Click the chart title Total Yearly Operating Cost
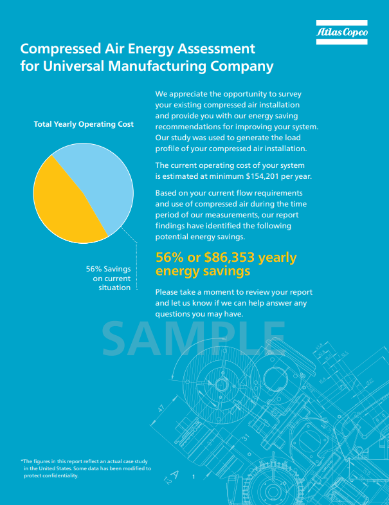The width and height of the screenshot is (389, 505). [84, 124]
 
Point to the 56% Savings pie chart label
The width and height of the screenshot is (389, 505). [108, 278]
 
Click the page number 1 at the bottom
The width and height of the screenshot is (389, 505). [193, 476]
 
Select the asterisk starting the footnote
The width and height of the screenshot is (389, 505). [23, 461]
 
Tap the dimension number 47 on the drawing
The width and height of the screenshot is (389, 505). [161, 409]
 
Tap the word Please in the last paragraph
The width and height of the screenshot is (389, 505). [168, 292]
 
